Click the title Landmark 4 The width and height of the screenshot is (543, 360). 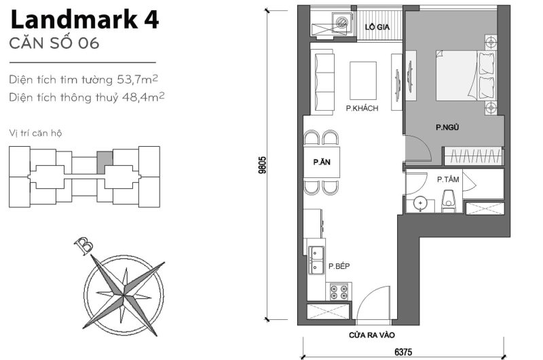[x=84, y=19]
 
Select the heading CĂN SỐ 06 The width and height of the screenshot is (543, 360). [x=54, y=44]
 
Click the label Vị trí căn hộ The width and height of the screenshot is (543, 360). [x=36, y=132]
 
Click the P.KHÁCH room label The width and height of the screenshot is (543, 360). [x=361, y=108]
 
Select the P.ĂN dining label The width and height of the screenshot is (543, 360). [x=321, y=162]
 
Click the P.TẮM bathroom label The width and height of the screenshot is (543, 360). [x=448, y=179]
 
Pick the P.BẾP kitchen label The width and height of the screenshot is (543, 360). [x=339, y=266]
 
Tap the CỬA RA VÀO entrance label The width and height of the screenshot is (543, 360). [x=373, y=335]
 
